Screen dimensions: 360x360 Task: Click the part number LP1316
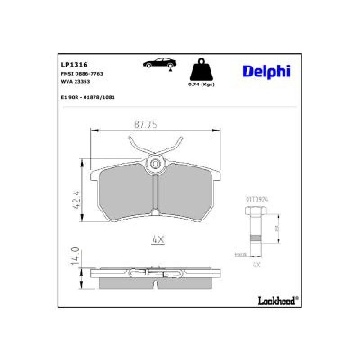[x=74, y=65]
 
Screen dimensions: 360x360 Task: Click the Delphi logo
[x=266, y=71]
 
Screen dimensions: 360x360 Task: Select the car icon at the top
[x=159, y=63]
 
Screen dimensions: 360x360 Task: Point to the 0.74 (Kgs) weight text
[x=201, y=85]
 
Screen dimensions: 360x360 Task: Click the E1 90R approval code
[x=87, y=97]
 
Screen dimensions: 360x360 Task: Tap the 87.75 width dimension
[x=145, y=125]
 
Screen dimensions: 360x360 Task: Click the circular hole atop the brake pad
[x=156, y=164]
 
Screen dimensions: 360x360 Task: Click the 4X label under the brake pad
[x=158, y=240]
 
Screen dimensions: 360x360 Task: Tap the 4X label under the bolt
[x=256, y=265]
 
